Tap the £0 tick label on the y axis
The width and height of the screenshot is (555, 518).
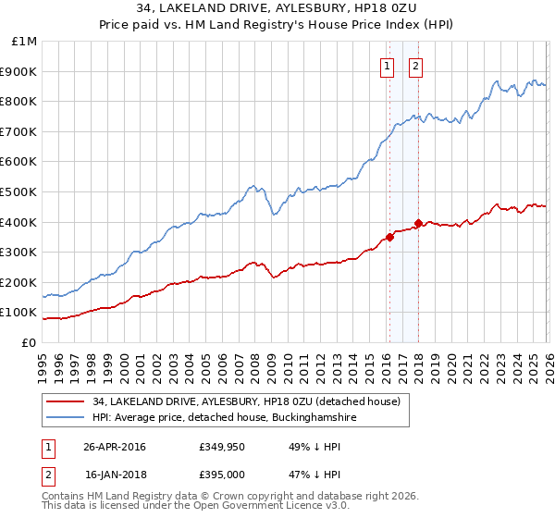29,342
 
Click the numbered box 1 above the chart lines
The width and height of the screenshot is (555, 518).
387,66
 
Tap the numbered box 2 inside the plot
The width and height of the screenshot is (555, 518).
416,66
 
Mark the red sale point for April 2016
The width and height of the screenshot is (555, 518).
389,237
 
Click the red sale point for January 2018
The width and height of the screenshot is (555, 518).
418,223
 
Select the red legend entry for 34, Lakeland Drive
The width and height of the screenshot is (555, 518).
245,402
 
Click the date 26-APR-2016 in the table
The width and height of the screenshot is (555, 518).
115,447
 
